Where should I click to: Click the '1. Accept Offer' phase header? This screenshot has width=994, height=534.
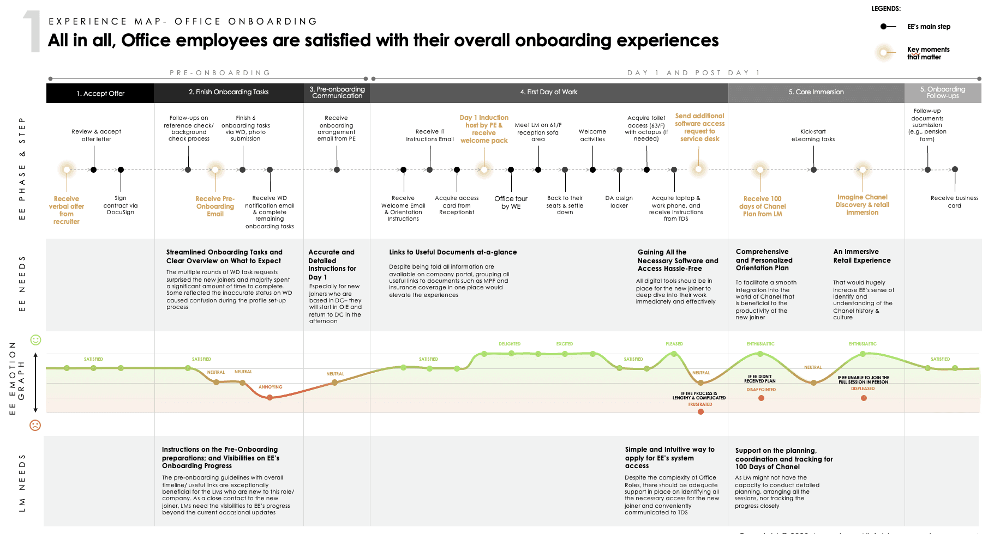(100, 93)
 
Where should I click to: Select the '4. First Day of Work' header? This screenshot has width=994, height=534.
(548, 92)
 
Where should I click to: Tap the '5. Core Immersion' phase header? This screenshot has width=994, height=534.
(816, 92)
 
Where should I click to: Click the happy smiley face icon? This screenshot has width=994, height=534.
(35, 340)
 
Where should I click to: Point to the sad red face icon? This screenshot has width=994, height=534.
(35, 425)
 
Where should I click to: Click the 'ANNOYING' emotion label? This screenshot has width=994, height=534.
(270, 387)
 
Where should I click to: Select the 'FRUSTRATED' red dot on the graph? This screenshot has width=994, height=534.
(700, 411)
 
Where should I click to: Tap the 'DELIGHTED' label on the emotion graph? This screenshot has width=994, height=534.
(509, 344)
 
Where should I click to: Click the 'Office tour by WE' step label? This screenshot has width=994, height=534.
(511, 203)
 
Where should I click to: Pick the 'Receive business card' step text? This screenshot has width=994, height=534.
(954, 202)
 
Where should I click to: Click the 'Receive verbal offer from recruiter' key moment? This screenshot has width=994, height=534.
(67, 210)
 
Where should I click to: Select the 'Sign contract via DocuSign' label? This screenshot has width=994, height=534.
(121, 205)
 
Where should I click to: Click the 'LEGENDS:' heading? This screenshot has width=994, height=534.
(885, 9)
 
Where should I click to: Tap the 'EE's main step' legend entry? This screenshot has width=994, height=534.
(928, 27)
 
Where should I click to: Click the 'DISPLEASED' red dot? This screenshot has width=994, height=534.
(864, 398)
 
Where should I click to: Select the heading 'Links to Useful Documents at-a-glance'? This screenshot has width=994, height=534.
(453, 252)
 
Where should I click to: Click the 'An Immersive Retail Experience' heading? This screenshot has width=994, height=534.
(861, 256)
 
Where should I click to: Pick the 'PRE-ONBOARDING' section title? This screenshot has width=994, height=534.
(220, 73)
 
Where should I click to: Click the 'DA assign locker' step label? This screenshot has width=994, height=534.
(619, 202)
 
